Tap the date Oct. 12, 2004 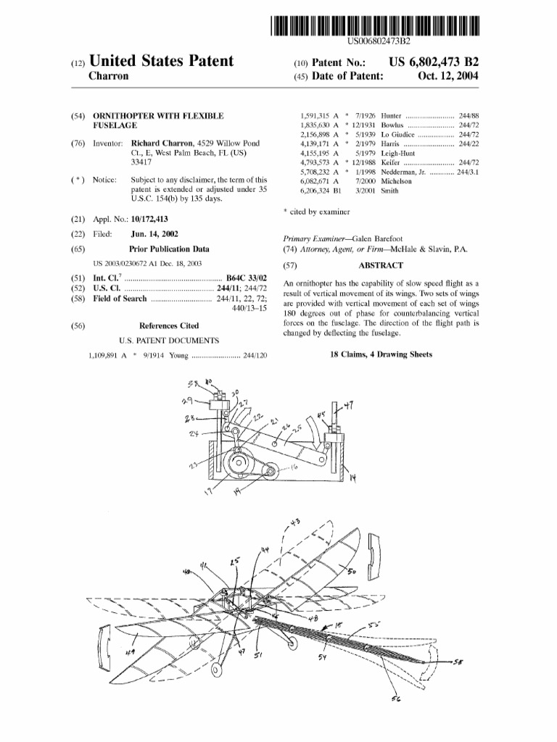click(x=448, y=76)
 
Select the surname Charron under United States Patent click(x=108, y=76)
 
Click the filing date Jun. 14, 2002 click(x=154, y=234)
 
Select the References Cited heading click(x=169, y=326)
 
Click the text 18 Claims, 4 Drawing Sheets click(x=381, y=354)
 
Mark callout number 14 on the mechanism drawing click(x=353, y=479)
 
